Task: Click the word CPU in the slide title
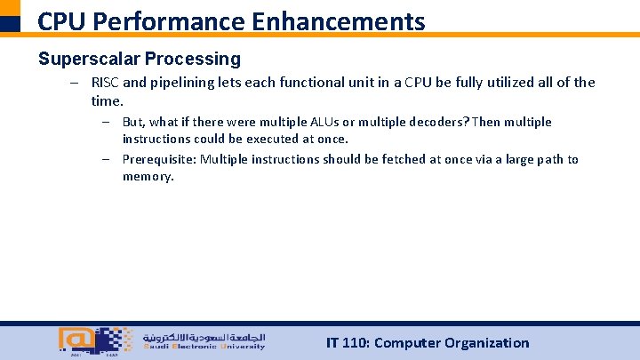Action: tap(60, 20)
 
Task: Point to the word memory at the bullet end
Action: tap(148, 177)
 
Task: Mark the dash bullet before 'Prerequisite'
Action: tap(105, 160)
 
